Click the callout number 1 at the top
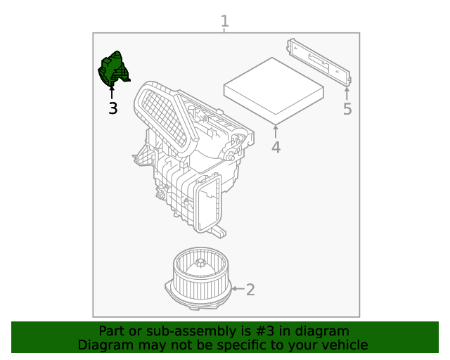coord(224,21)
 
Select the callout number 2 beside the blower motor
coord(250,289)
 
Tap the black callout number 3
coord(112,108)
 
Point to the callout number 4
coord(276,148)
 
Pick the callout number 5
coord(347,109)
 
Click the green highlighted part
coord(113,69)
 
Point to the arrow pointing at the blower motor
coord(237,289)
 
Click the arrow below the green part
coord(112,93)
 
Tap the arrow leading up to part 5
coord(347,94)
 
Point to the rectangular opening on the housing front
coord(209,205)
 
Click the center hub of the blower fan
coord(201,265)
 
